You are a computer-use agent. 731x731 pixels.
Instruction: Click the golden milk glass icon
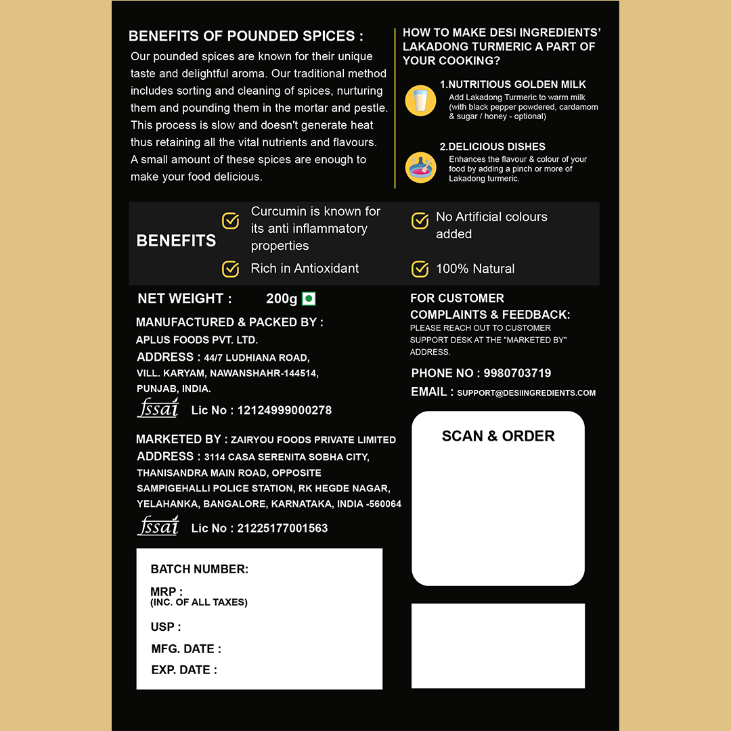coord(420,101)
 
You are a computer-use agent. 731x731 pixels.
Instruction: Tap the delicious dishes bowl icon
coord(420,167)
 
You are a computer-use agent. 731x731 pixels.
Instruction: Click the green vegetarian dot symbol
coord(309,298)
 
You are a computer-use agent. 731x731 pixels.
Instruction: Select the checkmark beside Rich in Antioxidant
coord(231,269)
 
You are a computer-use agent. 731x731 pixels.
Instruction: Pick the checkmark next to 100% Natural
coord(420,269)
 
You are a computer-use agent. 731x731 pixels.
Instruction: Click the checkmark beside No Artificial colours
coord(420,221)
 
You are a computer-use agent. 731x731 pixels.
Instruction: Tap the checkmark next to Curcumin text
coord(231,221)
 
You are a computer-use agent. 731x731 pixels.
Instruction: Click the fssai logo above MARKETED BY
coord(158,407)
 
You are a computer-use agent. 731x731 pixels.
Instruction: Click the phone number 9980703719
coord(517,373)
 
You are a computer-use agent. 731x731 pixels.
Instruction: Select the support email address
coord(526,393)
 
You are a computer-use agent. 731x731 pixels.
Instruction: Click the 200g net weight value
coord(282,298)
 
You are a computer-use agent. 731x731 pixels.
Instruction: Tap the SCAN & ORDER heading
coord(498,436)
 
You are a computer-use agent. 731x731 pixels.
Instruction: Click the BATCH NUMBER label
coord(200,569)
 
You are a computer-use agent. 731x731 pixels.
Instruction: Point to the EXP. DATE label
coord(184,670)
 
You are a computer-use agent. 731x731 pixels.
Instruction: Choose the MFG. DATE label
coord(186,648)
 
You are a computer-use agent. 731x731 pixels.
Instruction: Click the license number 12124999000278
coord(284,410)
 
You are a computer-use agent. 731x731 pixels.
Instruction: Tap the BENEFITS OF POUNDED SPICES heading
coord(246,36)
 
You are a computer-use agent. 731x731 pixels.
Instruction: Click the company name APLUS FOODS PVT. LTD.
coord(197,340)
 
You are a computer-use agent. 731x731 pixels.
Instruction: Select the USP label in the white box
coord(165,627)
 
